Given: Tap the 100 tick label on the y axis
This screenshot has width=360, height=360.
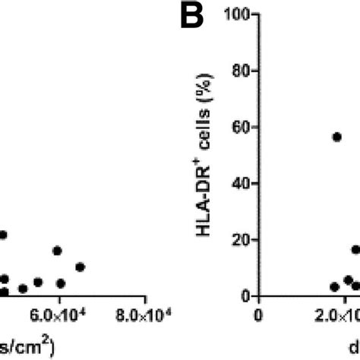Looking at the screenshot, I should [x=240, y=14].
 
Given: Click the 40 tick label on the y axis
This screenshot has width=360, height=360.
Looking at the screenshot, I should [x=243, y=183].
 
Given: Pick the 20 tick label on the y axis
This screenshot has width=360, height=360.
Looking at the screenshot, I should [x=243, y=239].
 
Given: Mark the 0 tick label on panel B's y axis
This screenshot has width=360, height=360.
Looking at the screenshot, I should [x=247, y=295].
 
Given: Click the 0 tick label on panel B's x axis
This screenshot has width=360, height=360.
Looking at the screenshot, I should [x=260, y=314].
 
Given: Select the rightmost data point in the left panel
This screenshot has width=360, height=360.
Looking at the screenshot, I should [x=80, y=267].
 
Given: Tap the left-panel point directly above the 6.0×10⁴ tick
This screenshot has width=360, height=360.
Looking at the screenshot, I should [x=58, y=251].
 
